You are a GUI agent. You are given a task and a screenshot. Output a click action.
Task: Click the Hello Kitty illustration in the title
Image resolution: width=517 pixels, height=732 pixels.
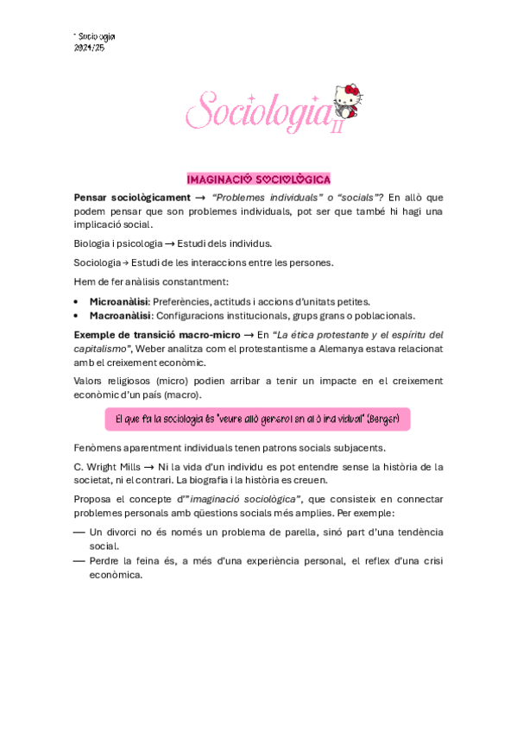pyautogui.click(x=349, y=102)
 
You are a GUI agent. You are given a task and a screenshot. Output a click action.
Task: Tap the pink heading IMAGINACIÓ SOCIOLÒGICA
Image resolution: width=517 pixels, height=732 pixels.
pyautogui.click(x=258, y=180)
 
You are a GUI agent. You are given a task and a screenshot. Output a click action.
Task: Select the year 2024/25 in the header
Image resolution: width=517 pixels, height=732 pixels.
pyautogui.click(x=90, y=47)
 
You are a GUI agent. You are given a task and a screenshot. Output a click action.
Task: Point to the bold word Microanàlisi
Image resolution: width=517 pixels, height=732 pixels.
pyautogui.click(x=119, y=301)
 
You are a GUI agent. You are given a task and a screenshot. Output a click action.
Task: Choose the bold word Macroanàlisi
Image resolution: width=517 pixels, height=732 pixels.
pyautogui.click(x=121, y=316)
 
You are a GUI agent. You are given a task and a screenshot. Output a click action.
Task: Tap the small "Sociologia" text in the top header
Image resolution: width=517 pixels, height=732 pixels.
pyautogui.click(x=96, y=36)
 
